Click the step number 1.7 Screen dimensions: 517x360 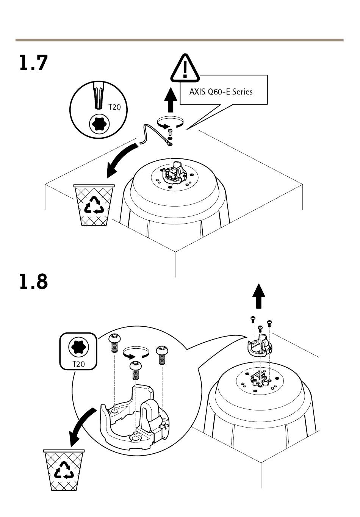(33, 63)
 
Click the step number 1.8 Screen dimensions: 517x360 (33, 282)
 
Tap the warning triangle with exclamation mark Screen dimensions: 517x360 (185, 69)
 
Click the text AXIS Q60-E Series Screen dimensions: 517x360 (221, 92)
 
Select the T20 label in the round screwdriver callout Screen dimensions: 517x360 (114, 107)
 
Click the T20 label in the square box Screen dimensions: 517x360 (78, 364)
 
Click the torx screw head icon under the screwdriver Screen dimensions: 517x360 (100, 123)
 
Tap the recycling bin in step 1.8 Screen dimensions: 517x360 (64, 470)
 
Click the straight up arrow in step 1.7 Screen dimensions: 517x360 (171, 100)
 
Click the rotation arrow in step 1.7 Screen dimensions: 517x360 (169, 122)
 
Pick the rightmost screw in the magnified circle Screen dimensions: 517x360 (162, 354)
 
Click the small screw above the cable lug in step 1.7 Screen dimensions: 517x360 (170, 132)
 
